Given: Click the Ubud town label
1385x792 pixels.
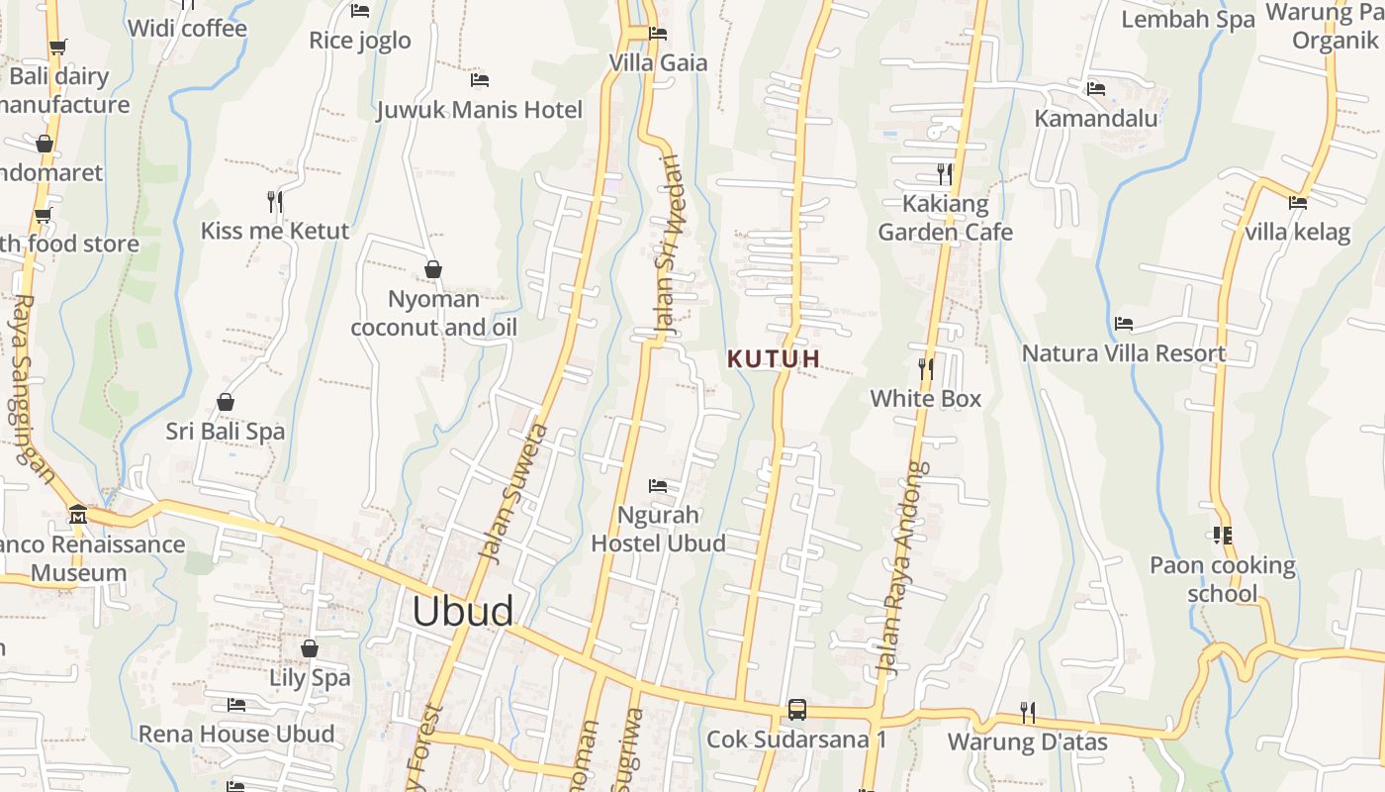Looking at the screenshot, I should pos(463,611).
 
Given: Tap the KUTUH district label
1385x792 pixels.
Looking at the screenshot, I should pos(774,359).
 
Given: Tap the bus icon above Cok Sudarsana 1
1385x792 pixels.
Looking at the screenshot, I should pos(796,710).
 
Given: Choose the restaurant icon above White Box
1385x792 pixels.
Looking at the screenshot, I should pos(926,369).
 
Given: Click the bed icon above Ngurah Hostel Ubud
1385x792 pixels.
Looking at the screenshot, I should pos(658,486).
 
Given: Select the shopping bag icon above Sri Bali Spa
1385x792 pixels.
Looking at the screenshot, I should pos(226,402).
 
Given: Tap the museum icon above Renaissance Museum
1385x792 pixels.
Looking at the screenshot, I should pos(78,515).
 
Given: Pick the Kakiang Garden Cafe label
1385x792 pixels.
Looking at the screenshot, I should pos(946,218).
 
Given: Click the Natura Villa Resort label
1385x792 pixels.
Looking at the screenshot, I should pos(1123,353).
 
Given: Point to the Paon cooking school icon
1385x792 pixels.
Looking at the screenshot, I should pos(1223,536).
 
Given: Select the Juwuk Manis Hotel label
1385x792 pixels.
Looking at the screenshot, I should pos(480,109).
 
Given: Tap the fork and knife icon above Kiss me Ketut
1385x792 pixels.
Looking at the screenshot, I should pos(275,202).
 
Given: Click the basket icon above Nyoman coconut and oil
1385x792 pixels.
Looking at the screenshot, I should pos(433,269).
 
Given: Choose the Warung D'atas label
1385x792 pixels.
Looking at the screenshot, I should pos(1028,742).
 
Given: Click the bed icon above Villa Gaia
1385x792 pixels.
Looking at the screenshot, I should pos(658,34).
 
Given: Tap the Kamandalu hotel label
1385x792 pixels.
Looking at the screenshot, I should pos(1096,118).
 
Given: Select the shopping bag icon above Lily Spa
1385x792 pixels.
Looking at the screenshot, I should pos(310,648).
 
